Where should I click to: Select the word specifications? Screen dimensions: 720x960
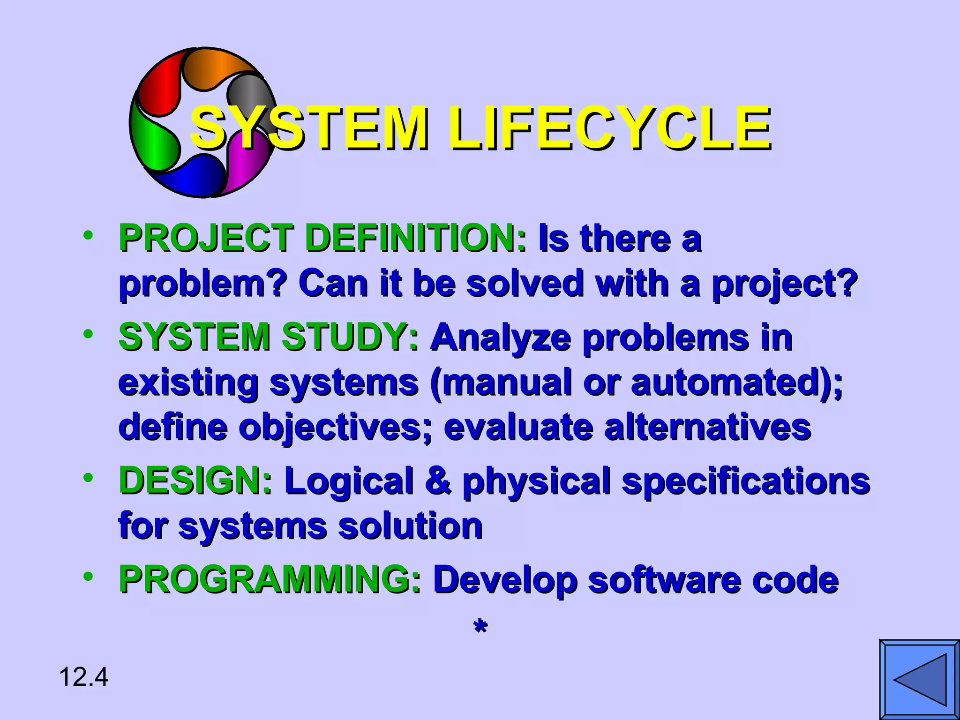coord(745,482)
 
